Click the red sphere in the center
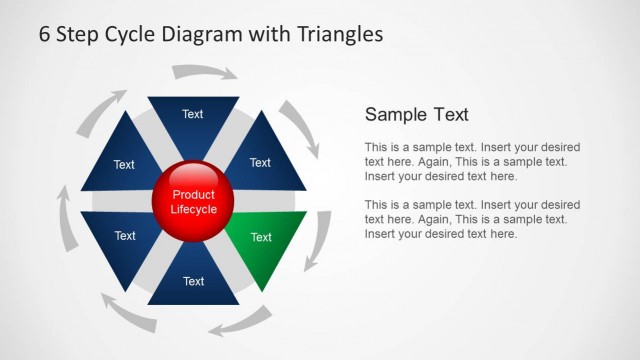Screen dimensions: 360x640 pyautogui.click(x=192, y=200)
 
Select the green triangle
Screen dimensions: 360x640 pyautogui.click(x=263, y=243)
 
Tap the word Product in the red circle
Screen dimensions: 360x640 pyautogui.click(x=192, y=194)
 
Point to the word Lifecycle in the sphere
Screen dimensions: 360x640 pyautogui.click(x=193, y=209)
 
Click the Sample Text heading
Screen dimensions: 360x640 pyautogui.click(x=416, y=115)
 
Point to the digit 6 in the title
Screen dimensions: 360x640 pyautogui.click(x=45, y=34)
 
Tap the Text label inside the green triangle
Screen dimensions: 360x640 pyautogui.click(x=261, y=237)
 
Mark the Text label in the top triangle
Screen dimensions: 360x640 pyautogui.click(x=193, y=114)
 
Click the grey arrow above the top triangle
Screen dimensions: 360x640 pyautogui.click(x=205, y=71)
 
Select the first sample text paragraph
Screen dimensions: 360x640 pyautogui.click(x=472, y=161)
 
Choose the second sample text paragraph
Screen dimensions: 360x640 pyautogui.click(x=472, y=219)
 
